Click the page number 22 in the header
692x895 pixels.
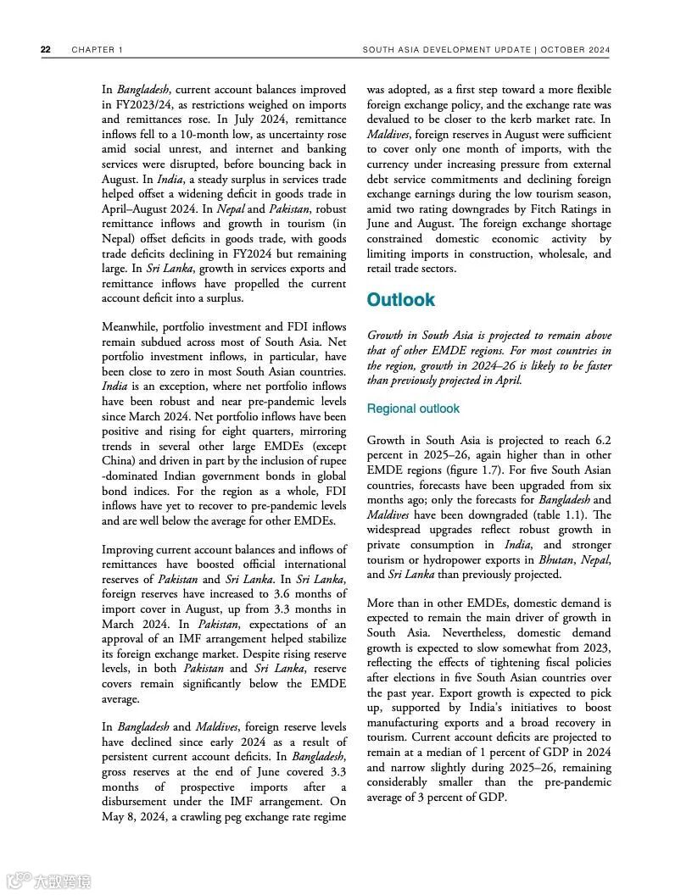click(x=45, y=50)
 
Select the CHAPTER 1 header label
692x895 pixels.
click(x=98, y=50)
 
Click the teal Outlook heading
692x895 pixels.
click(x=400, y=300)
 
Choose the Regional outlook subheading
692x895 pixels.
click(x=413, y=409)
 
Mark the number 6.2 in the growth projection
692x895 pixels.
click(x=602, y=440)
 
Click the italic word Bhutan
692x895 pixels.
click(x=557, y=559)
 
